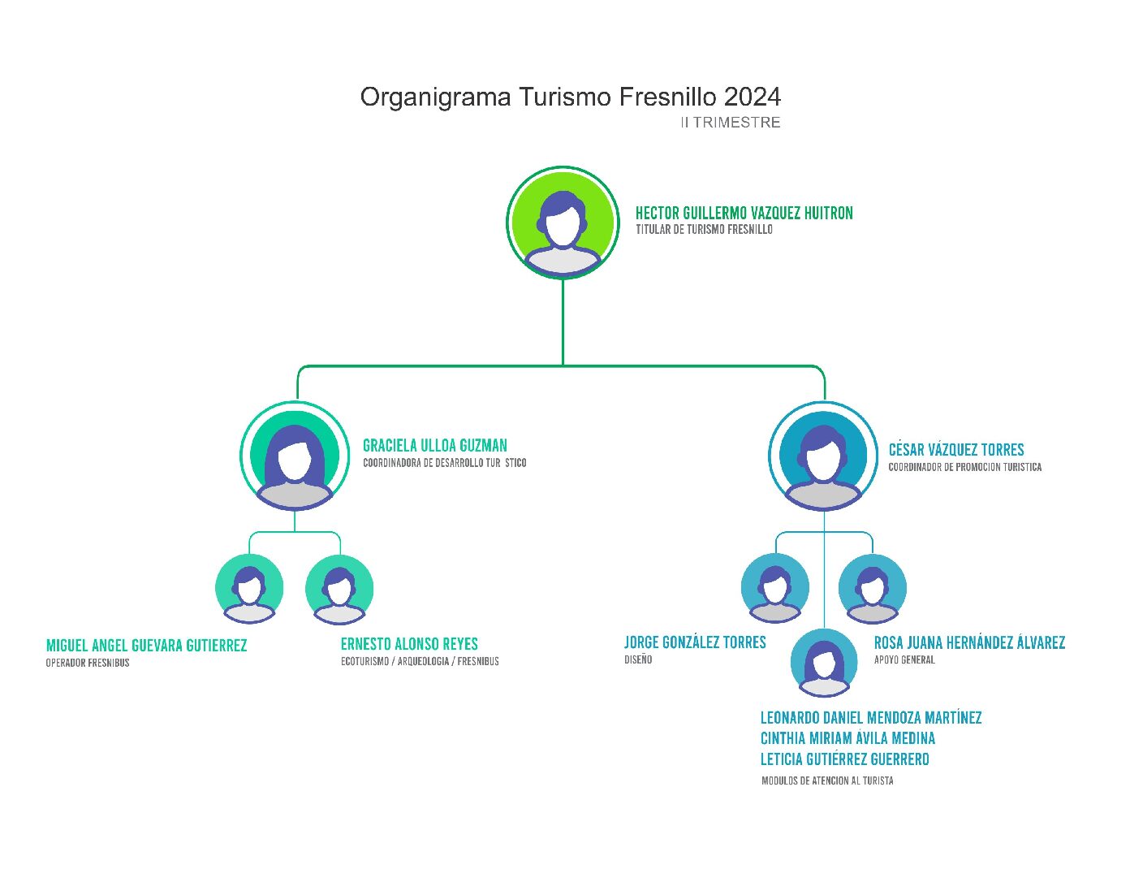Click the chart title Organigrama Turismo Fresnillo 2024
tap(570, 97)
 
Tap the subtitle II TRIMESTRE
tap(730, 123)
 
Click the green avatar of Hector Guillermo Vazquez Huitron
tap(563, 223)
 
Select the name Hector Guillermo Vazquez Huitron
tap(744, 214)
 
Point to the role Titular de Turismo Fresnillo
tap(704, 230)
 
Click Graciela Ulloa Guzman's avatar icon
tap(295, 456)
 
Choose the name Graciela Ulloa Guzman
tap(434, 446)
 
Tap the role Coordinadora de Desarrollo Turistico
tap(444, 463)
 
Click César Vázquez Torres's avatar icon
tap(823, 456)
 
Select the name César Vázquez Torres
tap(955, 450)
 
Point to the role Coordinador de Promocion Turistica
tap(964, 467)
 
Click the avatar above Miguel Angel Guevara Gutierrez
tap(249, 589)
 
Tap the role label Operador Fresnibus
tap(88, 663)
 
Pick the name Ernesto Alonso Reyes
tap(409, 644)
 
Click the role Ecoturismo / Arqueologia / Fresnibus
tap(420, 661)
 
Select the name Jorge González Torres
tap(695, 642)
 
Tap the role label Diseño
tap(638, 659)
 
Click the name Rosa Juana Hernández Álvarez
tap(969, 643)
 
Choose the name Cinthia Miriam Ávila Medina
tap(847, 738)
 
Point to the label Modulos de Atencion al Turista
tap(827, 780)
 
